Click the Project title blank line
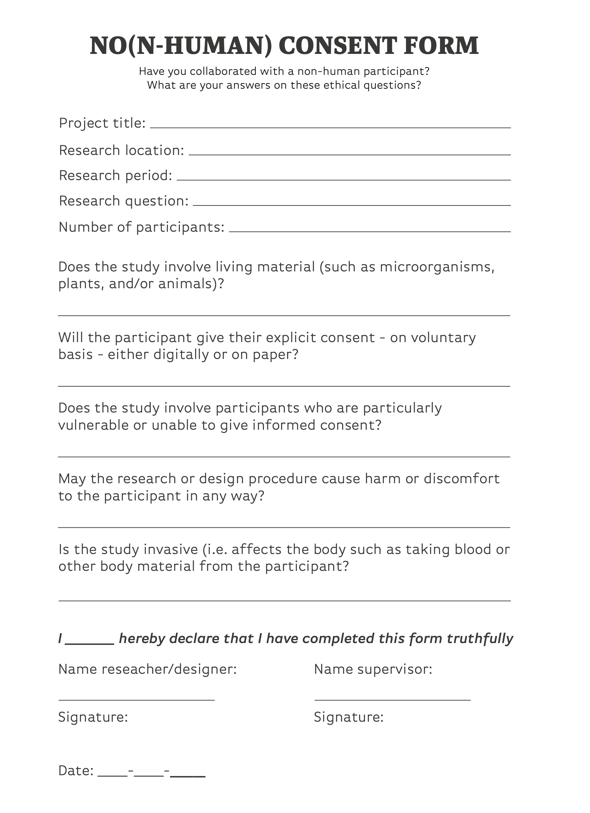[x=330, y=127]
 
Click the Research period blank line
[x=344, y=179]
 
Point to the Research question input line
[x=351, y=205]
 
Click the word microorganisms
[x=437, y=267]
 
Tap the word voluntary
[x=443, y=338]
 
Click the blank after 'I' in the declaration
[x=90, y=643]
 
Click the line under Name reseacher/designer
[x=136, y=699]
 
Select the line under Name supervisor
[x=392, y=699]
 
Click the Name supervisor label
[x=373, y=669]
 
